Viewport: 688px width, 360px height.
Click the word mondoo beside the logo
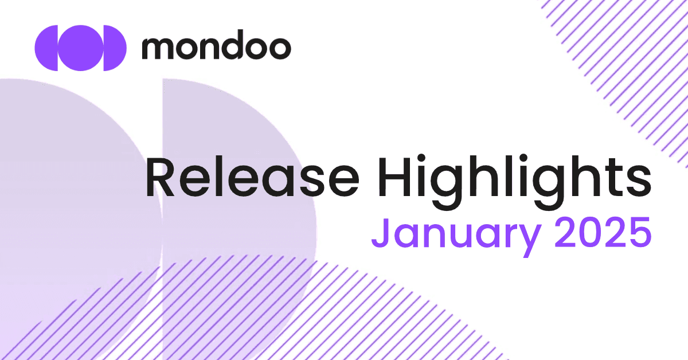[x=216, y=48]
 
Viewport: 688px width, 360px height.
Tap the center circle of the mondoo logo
[x=80, y=48]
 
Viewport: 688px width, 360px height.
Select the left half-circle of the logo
[x=46, y=48]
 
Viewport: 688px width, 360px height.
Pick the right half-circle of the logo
[x=114, y=48]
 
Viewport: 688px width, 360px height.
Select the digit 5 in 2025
[x=638, y=234]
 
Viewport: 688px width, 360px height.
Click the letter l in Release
[x=218, y=175]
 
